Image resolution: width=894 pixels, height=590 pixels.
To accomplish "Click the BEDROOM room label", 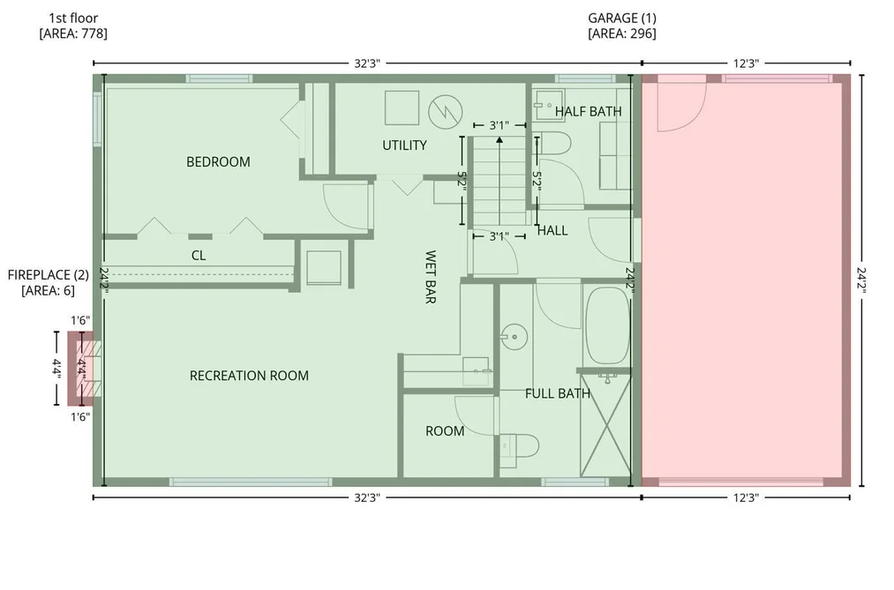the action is (218, 162).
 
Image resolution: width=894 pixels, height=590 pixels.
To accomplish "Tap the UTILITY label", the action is (404, 146).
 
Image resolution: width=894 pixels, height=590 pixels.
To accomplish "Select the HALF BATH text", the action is (589, 112).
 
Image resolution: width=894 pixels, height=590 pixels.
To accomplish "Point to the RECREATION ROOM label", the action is (249, 376).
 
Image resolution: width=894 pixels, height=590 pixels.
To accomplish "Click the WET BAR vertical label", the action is (431, 277).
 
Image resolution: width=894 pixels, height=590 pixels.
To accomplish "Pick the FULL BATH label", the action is (558, 393).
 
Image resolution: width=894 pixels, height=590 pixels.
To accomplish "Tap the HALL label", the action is (552, 231).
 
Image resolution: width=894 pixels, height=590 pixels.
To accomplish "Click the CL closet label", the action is (199, 256).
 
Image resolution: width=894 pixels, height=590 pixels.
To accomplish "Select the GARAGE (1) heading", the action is (622, 19).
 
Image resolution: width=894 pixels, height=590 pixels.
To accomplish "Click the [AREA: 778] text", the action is (73, 34).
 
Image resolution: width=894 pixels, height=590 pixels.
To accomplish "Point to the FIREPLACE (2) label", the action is (49, 275).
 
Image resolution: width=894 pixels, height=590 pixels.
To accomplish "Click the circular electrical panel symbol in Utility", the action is (446, 112).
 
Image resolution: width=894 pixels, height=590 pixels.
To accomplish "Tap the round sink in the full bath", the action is (515, 337).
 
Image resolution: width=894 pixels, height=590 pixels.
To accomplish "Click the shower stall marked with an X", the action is (606, 425).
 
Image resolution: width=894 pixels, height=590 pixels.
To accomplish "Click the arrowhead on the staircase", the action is (500, 139).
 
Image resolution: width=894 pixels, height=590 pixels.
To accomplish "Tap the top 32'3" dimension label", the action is (367, 63).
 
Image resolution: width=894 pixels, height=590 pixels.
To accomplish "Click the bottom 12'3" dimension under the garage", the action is (746, 498).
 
